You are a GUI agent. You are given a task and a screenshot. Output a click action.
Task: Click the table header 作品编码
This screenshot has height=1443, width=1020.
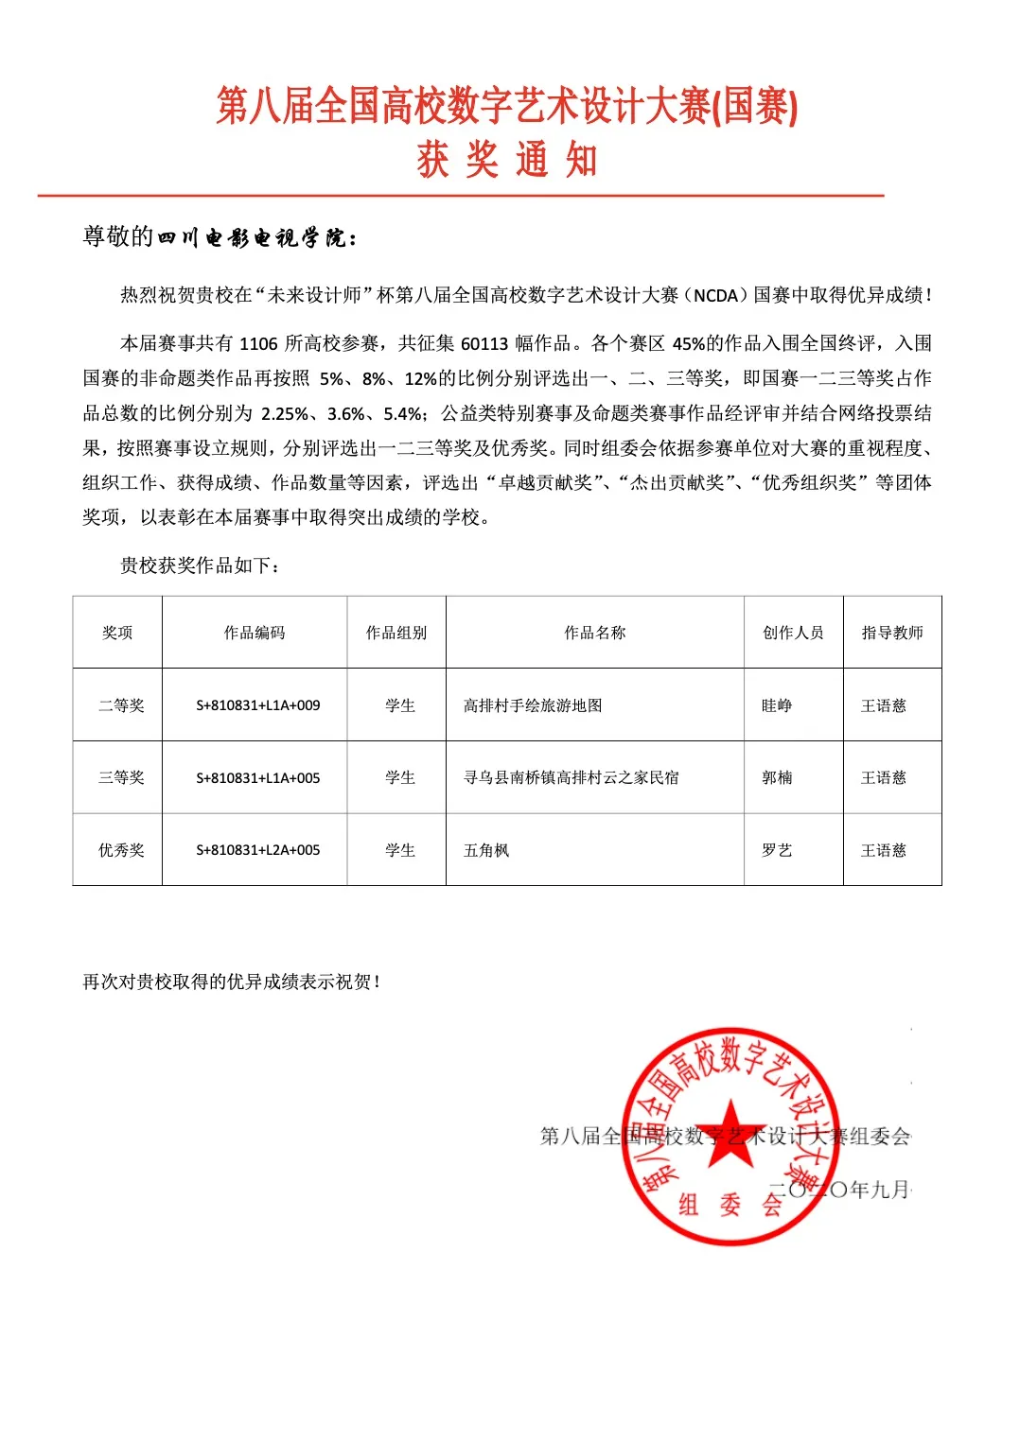(254, 633)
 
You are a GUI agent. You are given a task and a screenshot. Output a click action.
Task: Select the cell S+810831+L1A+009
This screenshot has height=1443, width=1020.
(257, 705)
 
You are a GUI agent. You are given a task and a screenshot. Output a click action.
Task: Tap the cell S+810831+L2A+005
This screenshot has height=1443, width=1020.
(257, 850)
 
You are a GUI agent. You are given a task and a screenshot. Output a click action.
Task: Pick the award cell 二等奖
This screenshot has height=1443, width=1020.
(121, 705)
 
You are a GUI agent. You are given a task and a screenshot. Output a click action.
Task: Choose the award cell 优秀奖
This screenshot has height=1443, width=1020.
(121, 850)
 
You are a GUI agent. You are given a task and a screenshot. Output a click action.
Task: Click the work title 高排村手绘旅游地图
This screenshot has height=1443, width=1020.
(533, 705)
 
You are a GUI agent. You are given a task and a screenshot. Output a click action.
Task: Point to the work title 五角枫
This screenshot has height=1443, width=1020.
(486, 850)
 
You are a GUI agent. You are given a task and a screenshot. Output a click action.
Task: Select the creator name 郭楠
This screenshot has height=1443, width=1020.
(777, 777)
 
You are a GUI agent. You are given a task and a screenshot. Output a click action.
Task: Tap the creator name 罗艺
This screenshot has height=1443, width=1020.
(777, 850)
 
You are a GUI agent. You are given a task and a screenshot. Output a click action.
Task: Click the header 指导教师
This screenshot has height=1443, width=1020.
(891, 633)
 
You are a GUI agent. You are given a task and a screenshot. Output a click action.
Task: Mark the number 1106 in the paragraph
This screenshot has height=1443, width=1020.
(258, 343)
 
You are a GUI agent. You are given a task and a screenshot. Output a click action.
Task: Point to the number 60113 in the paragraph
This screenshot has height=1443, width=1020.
(484, 343)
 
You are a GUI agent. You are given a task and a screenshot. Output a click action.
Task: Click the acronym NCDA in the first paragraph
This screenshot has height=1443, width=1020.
(715, 295)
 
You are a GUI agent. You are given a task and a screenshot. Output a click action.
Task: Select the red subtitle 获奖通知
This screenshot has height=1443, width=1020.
(507, 159)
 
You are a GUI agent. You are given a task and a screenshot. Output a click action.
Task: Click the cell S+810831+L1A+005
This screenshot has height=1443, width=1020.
(257, 777)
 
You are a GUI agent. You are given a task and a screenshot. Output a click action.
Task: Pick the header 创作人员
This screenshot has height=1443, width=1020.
(793, 633)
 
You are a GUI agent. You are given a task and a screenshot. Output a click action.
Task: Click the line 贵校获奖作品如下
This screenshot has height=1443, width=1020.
(200, 565)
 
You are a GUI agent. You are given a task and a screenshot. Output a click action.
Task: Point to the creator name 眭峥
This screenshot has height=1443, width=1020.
(777, 705)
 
